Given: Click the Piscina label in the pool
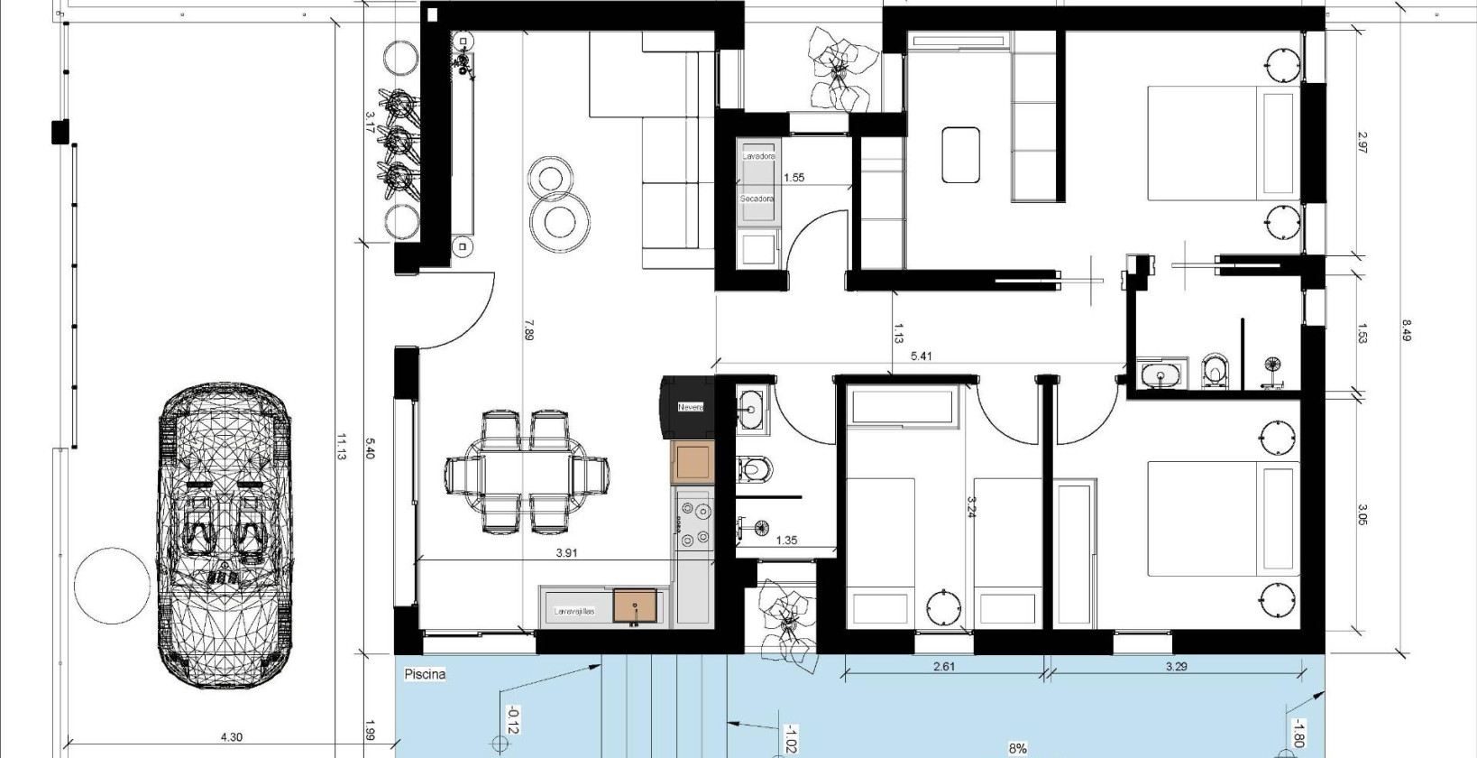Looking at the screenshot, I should coord(426,673).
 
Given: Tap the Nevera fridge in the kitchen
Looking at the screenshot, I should coord(689,408).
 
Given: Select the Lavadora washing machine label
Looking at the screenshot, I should coord(758,156).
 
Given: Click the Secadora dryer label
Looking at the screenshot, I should coord(757,199).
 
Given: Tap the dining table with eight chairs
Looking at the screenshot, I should coord(527,471).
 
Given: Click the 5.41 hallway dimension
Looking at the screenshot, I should coord(921,356).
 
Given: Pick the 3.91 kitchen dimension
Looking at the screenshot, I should coord(565,554).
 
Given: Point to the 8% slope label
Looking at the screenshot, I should coord(1018,749).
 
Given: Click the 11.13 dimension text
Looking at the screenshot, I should coord(342,447).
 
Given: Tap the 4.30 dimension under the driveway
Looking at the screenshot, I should coord(231,737).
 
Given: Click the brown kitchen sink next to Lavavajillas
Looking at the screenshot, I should coord(636,605).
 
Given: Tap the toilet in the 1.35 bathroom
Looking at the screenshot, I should coord(755,468).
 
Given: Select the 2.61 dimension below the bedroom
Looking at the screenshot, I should coord(943,668).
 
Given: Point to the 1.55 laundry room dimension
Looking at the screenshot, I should coord(794,178).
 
